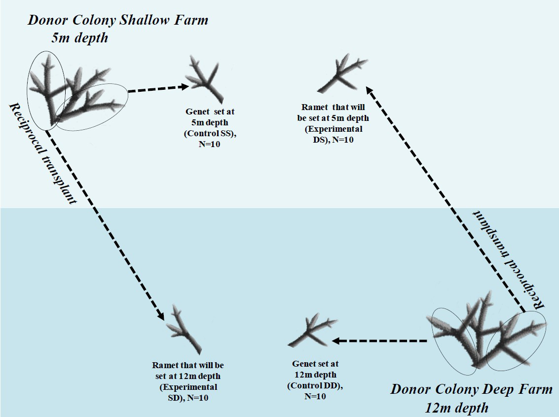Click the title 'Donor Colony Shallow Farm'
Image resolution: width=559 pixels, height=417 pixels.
117,20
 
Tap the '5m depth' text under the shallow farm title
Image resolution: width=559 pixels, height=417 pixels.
79,38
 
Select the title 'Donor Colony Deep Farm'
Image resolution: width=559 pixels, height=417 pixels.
471,389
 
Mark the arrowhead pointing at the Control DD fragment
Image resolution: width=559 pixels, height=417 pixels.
335,341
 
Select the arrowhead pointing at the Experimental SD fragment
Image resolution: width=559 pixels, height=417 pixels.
160,316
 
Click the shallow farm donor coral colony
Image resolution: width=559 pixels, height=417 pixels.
74,91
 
